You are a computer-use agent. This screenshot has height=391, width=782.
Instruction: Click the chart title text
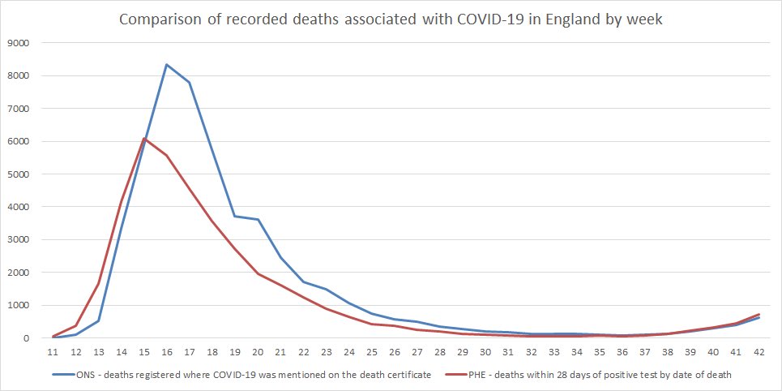click(391, 19)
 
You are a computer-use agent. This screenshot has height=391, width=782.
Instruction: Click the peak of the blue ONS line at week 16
click(166, 64)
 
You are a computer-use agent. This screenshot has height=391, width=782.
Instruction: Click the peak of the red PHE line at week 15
click(143, 139)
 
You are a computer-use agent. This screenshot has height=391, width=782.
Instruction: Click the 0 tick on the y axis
click(28, 338)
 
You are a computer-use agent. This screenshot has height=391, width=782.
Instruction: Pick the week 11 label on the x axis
click(53, 353)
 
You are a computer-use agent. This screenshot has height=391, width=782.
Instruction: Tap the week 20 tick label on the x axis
click(257, 353)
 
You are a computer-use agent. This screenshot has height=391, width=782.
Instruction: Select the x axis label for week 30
click(485, 353)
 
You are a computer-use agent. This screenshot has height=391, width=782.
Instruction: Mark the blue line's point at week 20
click(257, 220)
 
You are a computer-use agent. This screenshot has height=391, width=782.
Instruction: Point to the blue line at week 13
click(98, 321)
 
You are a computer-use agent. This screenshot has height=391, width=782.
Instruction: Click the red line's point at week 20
click(257, 274)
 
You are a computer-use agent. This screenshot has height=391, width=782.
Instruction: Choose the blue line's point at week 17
click(189, 82)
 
